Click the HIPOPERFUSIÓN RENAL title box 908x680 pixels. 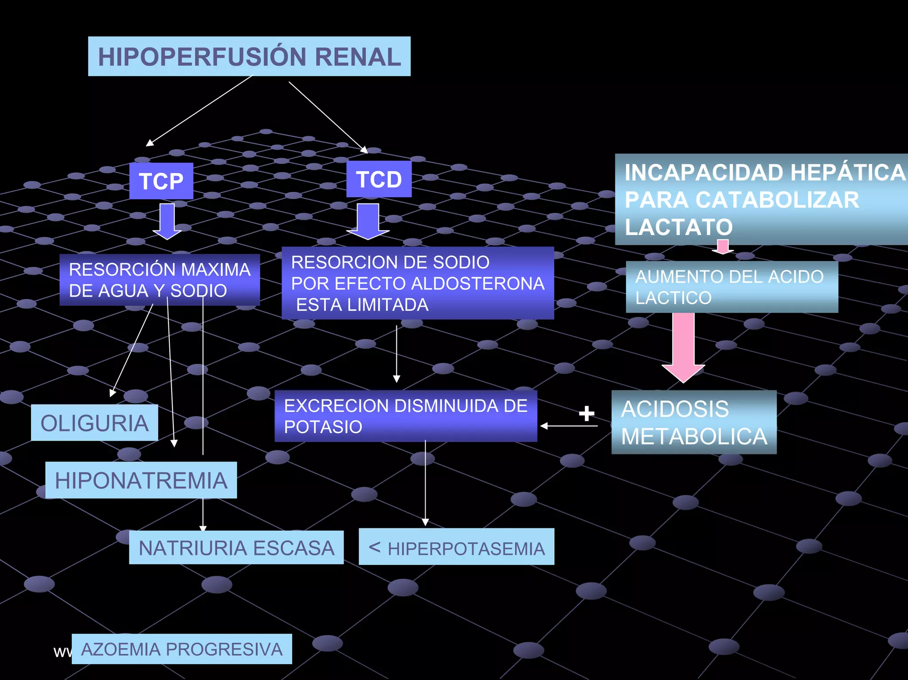249,56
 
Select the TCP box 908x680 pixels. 161,181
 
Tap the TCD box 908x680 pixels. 379,179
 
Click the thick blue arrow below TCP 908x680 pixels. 167,220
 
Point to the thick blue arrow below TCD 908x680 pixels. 368,220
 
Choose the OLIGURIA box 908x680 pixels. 94,422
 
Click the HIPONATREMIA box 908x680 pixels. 141,480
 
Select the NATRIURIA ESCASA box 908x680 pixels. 236,547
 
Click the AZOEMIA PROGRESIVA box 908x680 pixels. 182,649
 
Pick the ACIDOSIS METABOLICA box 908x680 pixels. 694,422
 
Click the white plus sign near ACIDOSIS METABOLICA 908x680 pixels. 586,413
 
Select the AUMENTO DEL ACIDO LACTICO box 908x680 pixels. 732,287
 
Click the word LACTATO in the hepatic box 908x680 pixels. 678,227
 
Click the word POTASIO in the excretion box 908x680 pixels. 323,427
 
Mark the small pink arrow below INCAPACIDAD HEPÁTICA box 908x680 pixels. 723,246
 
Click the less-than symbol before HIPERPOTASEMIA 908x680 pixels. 375,547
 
